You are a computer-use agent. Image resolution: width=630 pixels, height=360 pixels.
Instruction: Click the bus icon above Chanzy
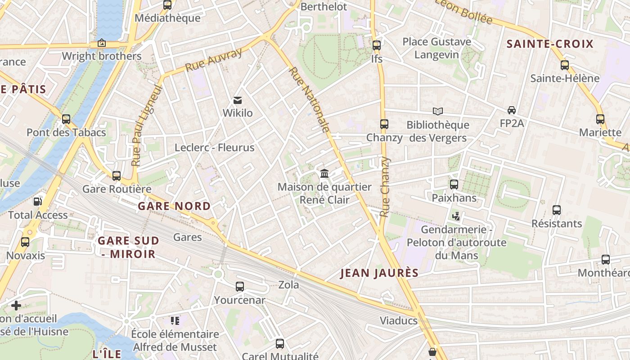tap(384, 124)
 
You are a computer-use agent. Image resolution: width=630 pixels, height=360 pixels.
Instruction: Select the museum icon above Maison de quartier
tap(324, 173)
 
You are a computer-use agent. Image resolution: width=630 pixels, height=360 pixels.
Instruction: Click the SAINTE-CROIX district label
tap(550, 44)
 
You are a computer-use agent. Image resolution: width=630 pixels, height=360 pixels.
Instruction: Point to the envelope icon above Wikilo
tap(238, 100)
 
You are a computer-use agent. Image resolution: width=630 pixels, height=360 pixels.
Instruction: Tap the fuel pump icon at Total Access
tap(38, 202)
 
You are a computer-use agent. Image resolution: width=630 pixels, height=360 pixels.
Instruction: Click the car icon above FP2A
tap(512, 110)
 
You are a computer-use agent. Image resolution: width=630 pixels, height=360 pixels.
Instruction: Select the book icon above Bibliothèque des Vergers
tap(437, 111)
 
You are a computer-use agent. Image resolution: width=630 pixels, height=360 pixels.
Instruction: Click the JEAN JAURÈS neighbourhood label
tap(379, 273)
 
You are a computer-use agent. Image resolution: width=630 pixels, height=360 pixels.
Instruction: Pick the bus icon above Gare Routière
tap(117, 176)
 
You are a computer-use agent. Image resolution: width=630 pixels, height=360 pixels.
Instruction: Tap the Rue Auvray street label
tap(214, 60)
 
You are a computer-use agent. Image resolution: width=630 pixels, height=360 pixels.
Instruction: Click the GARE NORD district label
tap(174, 206)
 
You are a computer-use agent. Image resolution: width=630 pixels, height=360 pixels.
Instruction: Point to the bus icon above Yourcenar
tap(240, 287)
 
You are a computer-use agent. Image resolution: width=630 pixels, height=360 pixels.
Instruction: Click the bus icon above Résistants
tap(557, 210)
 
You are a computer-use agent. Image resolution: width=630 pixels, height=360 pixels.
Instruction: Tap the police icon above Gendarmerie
tap(456, 216)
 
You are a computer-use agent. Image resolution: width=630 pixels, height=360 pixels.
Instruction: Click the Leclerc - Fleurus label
tap(214, 148)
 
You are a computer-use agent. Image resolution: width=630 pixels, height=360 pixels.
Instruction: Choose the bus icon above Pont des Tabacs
tap(66, 119)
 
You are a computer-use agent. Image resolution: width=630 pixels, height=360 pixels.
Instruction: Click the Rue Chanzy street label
tap(385, 187)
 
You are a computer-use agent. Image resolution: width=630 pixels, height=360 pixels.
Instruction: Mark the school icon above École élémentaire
tap(175, 321)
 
